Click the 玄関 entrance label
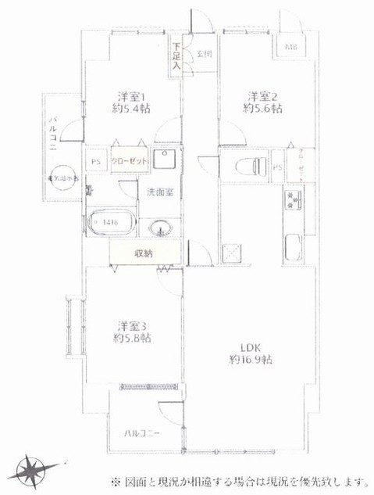point(203,54)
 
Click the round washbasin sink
point(162,228)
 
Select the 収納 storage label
point(142,253)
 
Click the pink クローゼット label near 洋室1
point(127,162)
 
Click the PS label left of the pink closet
point(95,163)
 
